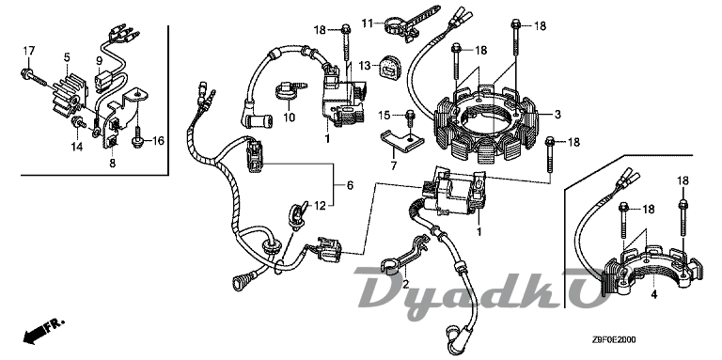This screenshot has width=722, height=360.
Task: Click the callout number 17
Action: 29,50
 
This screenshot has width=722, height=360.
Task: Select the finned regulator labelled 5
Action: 68,95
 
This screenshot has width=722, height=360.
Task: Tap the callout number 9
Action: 99,60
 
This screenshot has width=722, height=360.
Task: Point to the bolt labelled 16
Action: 137,139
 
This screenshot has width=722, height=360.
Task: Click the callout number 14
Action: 76,147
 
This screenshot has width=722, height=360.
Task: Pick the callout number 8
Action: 113,163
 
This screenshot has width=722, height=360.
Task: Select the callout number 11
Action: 367,23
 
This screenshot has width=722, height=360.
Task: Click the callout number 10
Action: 289,117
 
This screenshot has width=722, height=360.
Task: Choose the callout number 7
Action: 394,165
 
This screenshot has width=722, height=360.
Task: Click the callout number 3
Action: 557,114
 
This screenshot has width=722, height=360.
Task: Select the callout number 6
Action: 350,185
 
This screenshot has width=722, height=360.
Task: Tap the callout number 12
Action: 320,206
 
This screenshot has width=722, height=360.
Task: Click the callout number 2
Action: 406,284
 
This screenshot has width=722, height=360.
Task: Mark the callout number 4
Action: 653,294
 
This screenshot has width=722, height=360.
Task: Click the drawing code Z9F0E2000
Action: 614,339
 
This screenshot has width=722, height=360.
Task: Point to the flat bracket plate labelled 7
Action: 400,140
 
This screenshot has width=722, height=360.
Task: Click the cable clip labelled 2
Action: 405,256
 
